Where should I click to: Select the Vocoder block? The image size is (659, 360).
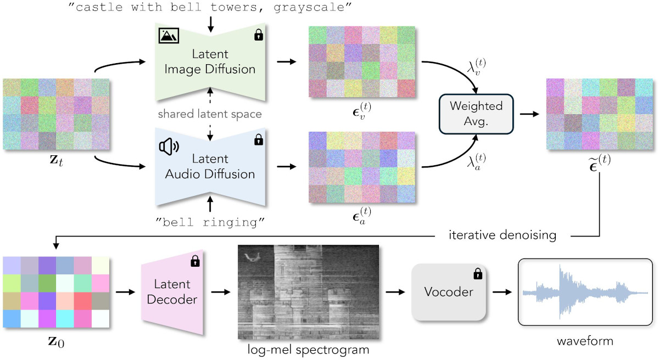point(449,292)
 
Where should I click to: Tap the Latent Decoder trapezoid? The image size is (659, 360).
point(172,292)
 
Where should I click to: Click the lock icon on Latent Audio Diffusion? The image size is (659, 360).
point(258,140)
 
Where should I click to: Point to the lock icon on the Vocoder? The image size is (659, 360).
point(477,273)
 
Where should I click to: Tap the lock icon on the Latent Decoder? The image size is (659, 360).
point(194,262)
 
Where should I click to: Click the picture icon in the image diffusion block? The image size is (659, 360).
point(168,36)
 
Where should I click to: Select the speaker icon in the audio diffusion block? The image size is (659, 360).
point(169,146)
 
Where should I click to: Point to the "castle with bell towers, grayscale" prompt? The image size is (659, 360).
point(209,7)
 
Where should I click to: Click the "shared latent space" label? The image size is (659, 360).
point(210,114)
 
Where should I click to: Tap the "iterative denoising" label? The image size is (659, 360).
point(502,235)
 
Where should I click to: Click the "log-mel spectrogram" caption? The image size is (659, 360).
point(307,349)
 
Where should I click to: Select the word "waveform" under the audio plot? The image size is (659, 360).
point(584,341)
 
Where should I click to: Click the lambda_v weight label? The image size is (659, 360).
point(475,68)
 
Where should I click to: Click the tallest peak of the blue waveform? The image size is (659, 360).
point(560,274)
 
